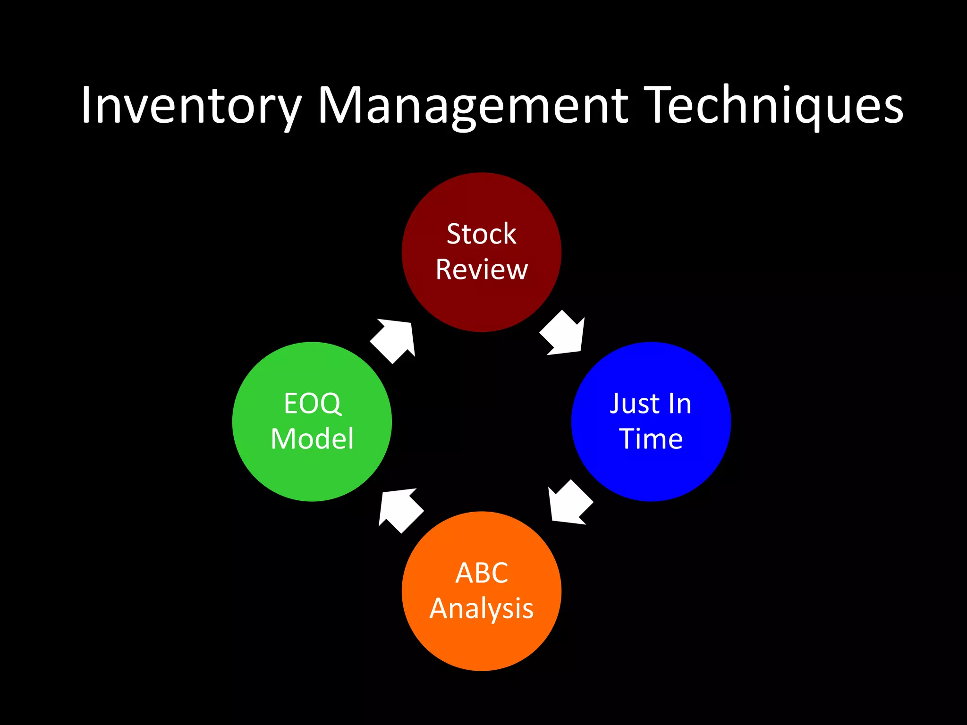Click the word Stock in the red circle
(x=481, y=234)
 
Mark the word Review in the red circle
(x=481, y=270)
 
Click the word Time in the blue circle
(x=651, y=439)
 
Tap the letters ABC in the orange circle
(x=481, y=573)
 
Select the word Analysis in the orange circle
(x=481, y=608)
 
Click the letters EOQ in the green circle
(x=312, y=404)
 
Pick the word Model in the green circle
(x=312, y=439)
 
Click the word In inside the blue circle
(x=679, y=404)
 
